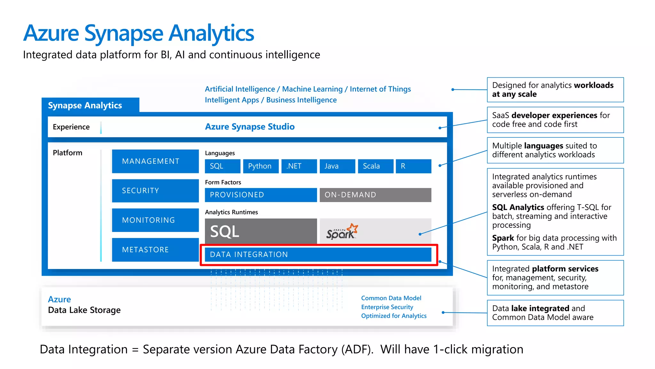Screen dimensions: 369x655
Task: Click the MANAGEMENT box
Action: [x=155, y=161]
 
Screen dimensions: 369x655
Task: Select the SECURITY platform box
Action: [x=155, y=191]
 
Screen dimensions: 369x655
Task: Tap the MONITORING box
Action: [x=155, y=220]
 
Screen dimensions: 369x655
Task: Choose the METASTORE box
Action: [x=155, y=250]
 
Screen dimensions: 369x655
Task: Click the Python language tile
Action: [x=261, y=166]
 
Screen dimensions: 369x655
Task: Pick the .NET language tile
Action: [x=299, y=166]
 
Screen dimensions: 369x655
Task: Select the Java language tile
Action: [x=337, y=166]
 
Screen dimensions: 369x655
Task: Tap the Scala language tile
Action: [x=375, y=166]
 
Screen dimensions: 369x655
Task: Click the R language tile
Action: [x=413, y=166]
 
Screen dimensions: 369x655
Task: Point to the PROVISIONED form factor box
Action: [x=261, y=195]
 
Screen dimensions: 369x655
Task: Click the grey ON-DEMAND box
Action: [x=375, y=195]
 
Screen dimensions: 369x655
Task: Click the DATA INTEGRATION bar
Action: [x=318, y=255]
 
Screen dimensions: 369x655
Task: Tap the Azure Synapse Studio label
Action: [x=250, y=127]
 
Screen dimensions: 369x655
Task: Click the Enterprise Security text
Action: [x=387, y=307]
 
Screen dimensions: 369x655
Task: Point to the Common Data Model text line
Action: [x=391, y=298]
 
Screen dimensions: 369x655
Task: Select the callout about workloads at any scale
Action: [x=555, y=90]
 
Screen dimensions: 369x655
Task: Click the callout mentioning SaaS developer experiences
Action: [x=555, y=120]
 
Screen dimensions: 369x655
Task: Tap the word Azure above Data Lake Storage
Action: [x=59, y=299]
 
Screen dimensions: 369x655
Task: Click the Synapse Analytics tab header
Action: [x=85, y=105]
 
